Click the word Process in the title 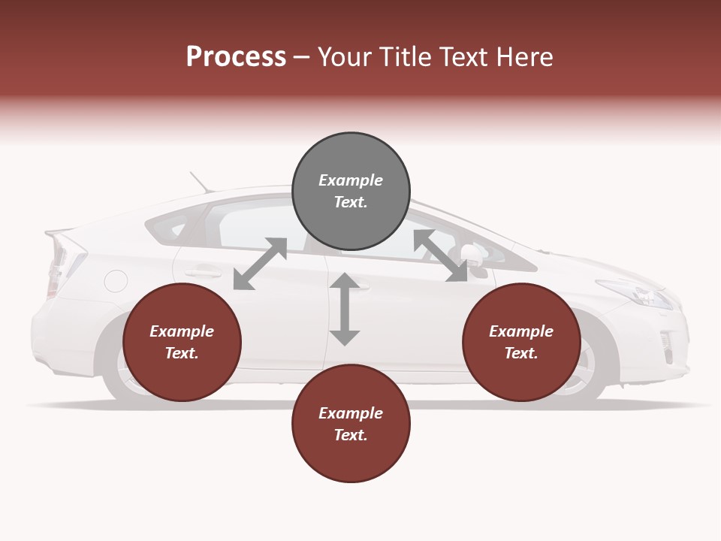(236, 57)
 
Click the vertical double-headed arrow (345, 309)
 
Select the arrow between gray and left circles (260, 264)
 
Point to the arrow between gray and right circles (440, 256)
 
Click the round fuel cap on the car (116, 281)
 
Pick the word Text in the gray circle (351, 202)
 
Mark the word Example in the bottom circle (351, 413)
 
